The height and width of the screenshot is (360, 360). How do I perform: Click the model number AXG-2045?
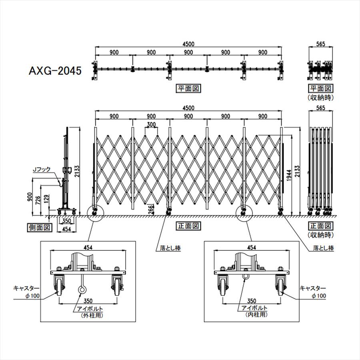tap(55, 70)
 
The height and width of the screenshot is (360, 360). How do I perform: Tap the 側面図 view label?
tap(40, 228)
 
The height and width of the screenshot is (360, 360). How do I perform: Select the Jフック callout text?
tap(42, 170)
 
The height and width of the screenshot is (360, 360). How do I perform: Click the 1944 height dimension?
tap(289, 175)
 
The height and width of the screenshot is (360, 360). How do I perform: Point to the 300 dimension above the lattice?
tap(151, 125)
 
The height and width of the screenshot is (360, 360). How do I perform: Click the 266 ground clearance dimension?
tap(150, 210)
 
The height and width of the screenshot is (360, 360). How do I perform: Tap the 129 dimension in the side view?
tap(46, 200)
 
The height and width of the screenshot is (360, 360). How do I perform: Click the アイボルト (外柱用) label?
tap(90, 312)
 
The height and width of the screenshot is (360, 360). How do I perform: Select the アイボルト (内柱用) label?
tap(254, 311)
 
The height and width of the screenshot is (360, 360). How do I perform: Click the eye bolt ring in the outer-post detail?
tap(82, 290)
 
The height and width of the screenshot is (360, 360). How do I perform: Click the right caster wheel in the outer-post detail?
tap(117, 286)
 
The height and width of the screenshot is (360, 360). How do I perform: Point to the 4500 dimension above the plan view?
tap(188, 44)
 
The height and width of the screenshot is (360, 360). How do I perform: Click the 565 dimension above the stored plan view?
tap(320, 44)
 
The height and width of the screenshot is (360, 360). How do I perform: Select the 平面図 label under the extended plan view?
tap(188, 88)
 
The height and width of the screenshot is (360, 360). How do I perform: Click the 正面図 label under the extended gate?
tap(188, 226)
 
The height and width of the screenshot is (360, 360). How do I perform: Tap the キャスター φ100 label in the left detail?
tap(26, 292)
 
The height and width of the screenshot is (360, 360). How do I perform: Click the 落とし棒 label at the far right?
tap(324, 248)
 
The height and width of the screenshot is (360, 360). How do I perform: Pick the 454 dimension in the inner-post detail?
tap(252, 248)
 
